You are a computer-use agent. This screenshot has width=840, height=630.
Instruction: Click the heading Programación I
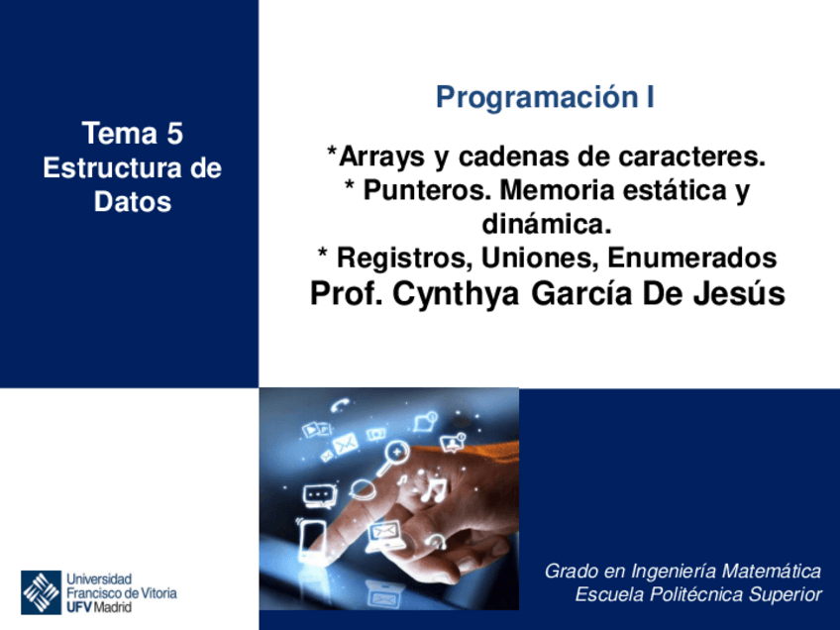click(x=545, y=98)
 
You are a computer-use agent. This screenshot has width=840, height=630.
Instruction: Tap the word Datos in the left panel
click(x=133, y=202)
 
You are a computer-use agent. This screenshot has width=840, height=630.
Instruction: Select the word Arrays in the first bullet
click(x=381, y=157)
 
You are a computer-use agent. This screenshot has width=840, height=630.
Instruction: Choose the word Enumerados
click(x=691, y=259)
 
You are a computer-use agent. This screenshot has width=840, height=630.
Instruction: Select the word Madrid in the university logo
click(x=112, y=607)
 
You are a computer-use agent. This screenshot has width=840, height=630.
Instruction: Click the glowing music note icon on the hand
click(x=433, y=487)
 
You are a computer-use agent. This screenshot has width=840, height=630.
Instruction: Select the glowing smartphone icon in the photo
click(x=313, y=542)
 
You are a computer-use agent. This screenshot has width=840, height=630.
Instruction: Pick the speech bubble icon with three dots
click(x=317, y=492)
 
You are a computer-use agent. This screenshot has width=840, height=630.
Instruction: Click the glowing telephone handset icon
click(x=342, y=404)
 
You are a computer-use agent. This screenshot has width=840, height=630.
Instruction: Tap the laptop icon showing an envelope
click(x=382, y=536)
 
